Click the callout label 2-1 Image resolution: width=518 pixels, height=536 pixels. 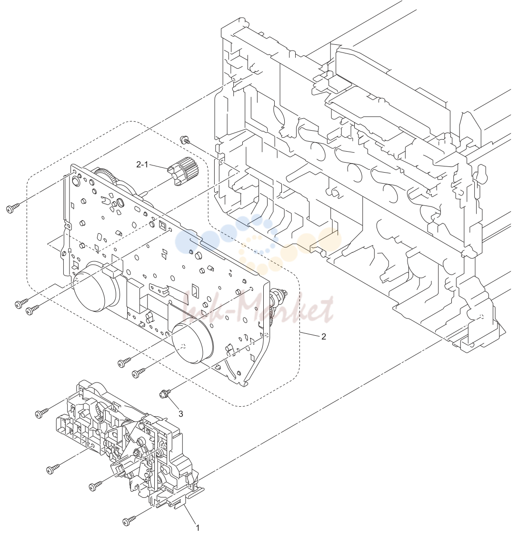[142, 165]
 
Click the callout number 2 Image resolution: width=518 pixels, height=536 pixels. [323, 337]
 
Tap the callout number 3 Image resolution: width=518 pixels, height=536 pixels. [181, 414]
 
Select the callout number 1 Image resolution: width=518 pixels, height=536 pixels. [197, 528]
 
